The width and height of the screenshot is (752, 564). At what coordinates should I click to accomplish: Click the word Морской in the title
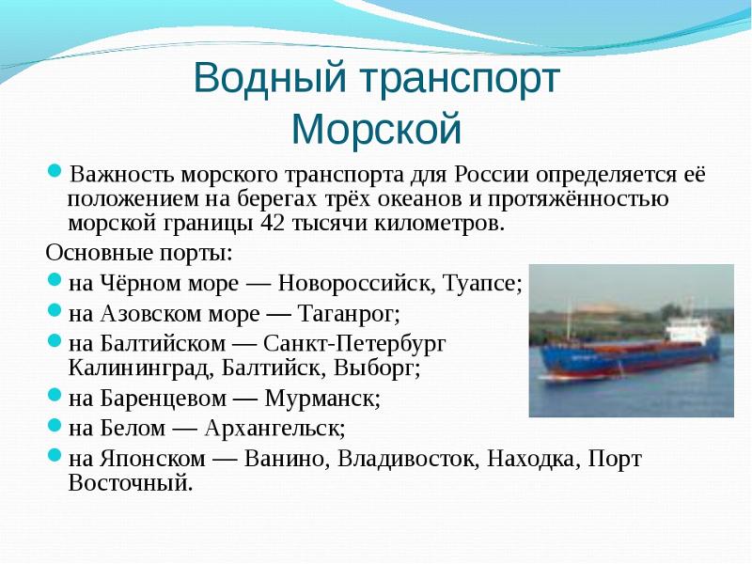point(377,129)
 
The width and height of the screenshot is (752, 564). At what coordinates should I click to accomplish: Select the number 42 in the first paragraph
point(272,223)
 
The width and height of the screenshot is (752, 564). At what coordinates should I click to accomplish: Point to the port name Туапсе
point(482,284)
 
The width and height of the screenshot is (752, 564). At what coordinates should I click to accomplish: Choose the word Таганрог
point(349,314)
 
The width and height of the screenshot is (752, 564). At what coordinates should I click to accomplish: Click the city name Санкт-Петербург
point(354,344)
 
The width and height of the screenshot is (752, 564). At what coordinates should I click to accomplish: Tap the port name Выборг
point(377,368)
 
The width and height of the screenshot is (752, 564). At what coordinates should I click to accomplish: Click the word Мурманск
point(322,398)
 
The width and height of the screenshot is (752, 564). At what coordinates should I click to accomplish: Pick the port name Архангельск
point(274,428)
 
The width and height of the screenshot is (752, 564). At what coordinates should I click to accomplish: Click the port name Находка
point(530,459)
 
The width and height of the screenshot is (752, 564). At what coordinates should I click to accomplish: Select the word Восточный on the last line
point(131,482)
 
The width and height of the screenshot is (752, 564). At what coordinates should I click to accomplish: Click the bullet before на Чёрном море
point(55,278)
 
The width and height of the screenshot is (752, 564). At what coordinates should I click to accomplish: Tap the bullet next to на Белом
point(55,424)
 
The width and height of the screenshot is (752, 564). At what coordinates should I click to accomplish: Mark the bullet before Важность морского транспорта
point(55,170)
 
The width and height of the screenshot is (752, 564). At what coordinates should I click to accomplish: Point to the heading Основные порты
point(139,253)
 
